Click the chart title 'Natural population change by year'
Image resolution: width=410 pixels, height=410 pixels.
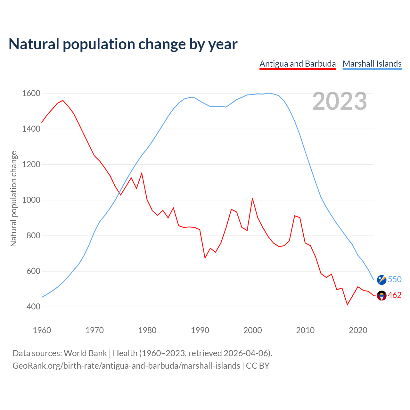(x=123, y=44)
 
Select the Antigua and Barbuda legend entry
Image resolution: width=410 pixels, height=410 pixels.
(x=298, y=64)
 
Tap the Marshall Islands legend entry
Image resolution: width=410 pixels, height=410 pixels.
(x=372, y=64)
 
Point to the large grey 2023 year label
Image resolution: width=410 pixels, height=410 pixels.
(x=340, y=101)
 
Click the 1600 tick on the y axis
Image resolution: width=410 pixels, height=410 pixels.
(x=31, y=94)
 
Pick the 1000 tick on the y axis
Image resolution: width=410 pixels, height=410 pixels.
(x=31, y=200)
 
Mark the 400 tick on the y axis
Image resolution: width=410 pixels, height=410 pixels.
(x=33, y=307)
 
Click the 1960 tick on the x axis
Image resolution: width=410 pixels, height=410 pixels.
(x=42, y=330)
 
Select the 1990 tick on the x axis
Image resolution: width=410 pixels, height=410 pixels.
(x=200, y=330)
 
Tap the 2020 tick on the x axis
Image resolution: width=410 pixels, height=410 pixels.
(x=358, y=330)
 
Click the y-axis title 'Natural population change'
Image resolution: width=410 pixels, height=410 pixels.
(x=14, y=199)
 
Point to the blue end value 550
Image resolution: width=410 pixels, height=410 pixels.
(x=395, y=279)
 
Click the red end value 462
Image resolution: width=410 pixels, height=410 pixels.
(x=395, y=295)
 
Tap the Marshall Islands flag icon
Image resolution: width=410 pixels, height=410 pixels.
(x=381, y=280)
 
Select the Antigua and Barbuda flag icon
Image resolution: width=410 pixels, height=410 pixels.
(x=381, y=295)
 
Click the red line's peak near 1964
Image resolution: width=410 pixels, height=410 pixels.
(x=63, y=100)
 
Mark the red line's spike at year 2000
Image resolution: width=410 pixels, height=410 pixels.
(x=252, y=199)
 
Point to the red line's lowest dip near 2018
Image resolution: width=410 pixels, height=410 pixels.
(x=347, y=305)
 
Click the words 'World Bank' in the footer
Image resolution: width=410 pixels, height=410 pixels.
(x=85, y=353)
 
